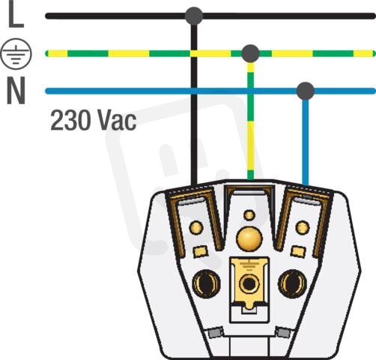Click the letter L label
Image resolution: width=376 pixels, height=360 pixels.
pos(16,13)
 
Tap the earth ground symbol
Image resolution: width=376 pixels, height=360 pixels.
pos(16,53)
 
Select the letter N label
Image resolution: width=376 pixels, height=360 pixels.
pos(16,90)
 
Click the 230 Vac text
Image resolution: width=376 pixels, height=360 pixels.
pos(94,120)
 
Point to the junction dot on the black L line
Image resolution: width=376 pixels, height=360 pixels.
pos(194,16)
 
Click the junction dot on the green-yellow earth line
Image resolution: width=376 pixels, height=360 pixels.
pos(250,53)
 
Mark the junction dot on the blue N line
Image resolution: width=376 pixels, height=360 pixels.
pos(306,91)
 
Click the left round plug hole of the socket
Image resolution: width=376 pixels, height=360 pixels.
pos(206,283)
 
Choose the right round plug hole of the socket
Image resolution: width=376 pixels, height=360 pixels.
pos(292,283)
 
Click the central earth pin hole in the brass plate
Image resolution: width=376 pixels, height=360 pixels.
pos(249,283)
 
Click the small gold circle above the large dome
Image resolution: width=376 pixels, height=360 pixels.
pos(249,215)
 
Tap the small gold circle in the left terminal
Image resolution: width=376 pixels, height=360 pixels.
pos(196,228)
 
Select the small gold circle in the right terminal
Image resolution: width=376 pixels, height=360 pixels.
pos(303,228)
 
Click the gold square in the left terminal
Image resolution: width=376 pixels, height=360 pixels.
pos(201,251)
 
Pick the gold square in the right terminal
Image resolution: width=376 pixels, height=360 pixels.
pos(298,251)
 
